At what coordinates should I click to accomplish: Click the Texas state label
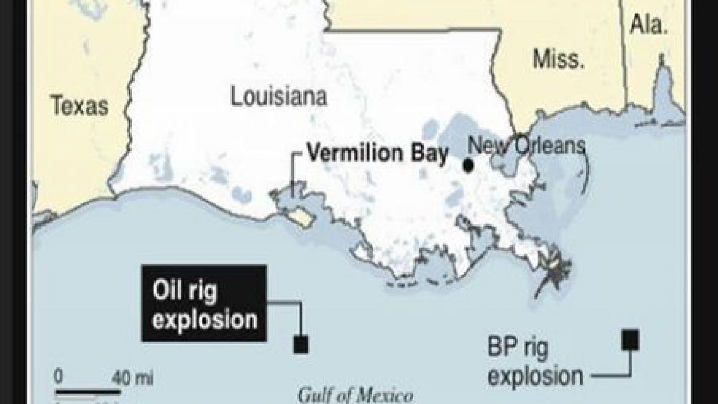pyautogui.click(x=80, y=106)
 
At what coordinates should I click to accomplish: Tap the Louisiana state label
pyautogui.click(x=279, y=96)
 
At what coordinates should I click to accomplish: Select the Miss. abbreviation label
pyautogui.click(x=558, y=59)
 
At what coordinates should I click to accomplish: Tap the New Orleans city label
pyautogui.click(x=526, y=145)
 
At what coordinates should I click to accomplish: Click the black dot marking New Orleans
pyautogui.click(x=468, y=165)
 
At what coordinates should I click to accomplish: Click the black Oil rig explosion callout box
pyautogui.click(x=203, y=303)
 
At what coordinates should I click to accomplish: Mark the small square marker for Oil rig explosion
pyautogui.click(x=300, y=344)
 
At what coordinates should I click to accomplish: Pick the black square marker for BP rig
pyautogui.click(x=630, y=340)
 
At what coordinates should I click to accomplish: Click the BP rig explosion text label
pyautogui.click(x=534, y=362)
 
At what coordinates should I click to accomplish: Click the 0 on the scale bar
pyautogui.click(x=58, y=377)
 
